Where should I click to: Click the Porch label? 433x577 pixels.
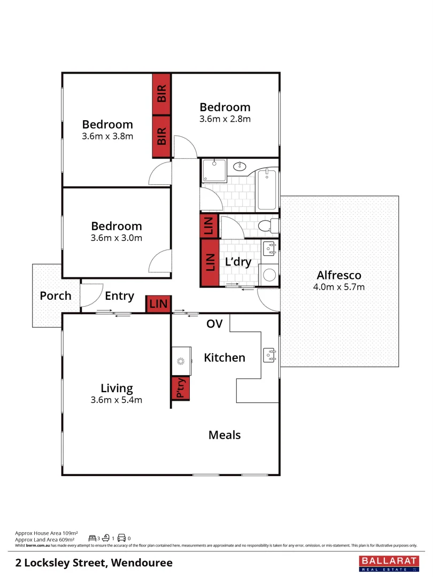(x=55, y=295)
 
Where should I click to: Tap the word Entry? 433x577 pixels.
(x=119, y=295)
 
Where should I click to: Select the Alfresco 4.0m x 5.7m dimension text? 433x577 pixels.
(x=339, y=287)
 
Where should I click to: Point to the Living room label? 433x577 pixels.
(x=117, y=388)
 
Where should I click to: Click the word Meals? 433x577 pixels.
(x=225, y=435)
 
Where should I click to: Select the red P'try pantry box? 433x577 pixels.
(x=181, y=388)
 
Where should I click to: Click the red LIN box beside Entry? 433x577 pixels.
(x=159, y=304)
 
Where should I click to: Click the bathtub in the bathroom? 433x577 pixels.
(x=267, y=190)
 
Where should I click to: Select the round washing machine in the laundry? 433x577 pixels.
(x=270, y=275)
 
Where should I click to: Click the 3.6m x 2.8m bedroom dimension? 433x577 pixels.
(x=225, y=119)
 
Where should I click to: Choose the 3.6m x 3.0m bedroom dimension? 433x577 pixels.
(x=117, y=238)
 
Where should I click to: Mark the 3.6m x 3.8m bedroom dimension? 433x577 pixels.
(x=107, y=136)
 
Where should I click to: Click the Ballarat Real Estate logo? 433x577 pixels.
(x=386, y=563)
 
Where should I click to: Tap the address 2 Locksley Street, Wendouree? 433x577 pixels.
(x=94, y=563)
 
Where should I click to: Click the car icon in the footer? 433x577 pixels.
(x=121, y=538)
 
